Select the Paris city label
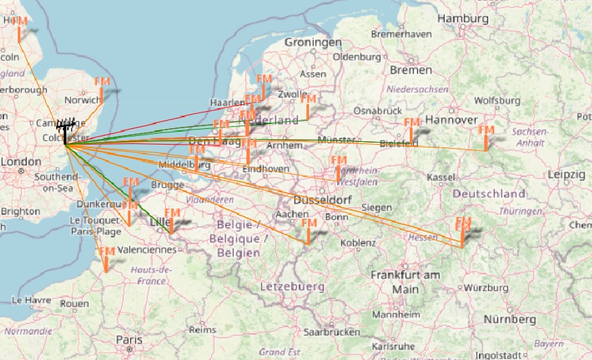tap(129, 339)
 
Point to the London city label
tap(21, 162)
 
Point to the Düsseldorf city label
tap(322, 200)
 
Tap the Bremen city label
tap(410, 70)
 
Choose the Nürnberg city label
tap(509, 320)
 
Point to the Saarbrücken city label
tap(332, 331)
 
